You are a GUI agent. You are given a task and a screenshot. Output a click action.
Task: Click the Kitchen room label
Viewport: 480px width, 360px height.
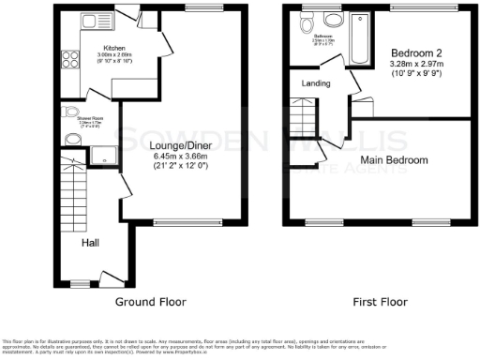115,46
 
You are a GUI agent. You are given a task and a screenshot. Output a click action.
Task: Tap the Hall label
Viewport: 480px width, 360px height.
91,242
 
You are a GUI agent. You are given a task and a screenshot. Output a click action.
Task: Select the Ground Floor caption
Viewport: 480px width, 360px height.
150,302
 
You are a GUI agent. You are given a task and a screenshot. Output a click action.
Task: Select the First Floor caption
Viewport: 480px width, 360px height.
380,302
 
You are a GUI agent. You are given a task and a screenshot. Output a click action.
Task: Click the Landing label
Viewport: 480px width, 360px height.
315,83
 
